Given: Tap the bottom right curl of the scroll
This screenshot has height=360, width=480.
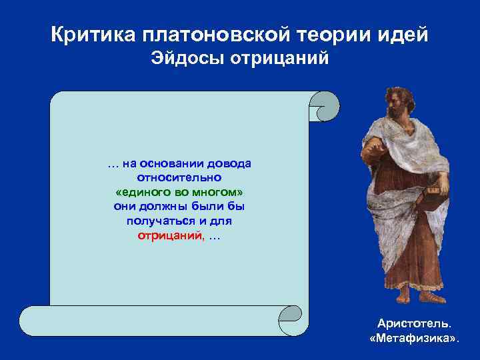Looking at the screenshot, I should point(293,321).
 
